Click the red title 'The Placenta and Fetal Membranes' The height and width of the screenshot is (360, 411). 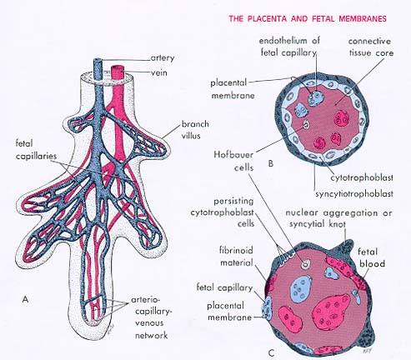[x=308, y=19]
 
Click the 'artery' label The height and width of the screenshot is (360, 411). [x=163, y=58]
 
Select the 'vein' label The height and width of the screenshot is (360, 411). [x=159, y=72]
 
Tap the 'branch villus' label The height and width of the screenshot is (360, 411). [x=195, y=130]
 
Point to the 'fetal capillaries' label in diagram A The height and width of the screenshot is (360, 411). [x=36, y=150]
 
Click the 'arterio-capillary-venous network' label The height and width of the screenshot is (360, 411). [x=152, y=317]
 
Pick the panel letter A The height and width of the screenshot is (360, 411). [x=25, y=299]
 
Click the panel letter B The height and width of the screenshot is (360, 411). [x=271, y=163]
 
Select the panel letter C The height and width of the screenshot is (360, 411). [x=272, y=353]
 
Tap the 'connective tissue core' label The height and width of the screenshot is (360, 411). [x=371, y=47]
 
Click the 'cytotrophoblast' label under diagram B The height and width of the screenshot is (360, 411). [x=362, y=177]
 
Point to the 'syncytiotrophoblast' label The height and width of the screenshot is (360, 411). [x=354, y=193]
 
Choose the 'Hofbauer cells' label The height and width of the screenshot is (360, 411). [x=233, y=161]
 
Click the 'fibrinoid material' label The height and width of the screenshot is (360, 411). [x=237, y=257]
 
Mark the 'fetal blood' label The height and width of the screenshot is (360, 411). [x=372, y=257]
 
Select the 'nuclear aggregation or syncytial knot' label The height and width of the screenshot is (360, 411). [x=338, y=218]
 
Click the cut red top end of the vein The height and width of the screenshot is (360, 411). [x=117, y=67]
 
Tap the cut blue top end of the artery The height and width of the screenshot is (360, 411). [x=98, y=60]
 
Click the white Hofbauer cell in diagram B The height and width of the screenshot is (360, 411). [x=306, y=125]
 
